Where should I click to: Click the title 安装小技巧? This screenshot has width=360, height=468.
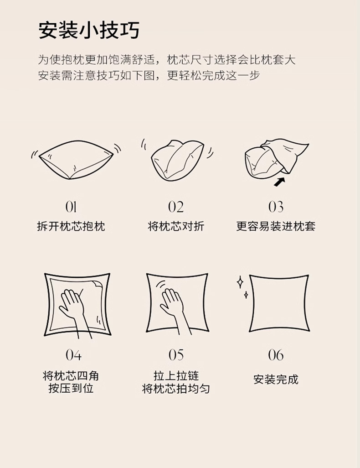point(89,31)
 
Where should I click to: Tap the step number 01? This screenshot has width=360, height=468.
point(71,207)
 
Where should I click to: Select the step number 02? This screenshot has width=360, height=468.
point(176,207)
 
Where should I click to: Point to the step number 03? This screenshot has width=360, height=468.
point(276,207)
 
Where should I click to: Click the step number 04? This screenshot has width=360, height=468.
point(73,354)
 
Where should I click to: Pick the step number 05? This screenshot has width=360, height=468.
point(176,354)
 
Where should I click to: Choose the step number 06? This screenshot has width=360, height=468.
point(276,354)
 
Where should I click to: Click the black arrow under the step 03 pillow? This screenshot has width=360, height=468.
point(279,182)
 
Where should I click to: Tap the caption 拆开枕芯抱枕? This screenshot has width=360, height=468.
point(71,226)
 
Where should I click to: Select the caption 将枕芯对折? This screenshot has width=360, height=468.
point(176,226)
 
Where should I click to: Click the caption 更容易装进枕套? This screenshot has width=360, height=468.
point(276,226)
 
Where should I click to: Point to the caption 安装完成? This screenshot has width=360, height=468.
point(276,380)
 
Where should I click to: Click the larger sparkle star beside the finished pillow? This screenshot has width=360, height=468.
point(240,282)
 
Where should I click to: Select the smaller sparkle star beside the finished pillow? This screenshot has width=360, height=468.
point(246,295)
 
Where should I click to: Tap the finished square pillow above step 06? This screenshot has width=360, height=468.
point(279,303)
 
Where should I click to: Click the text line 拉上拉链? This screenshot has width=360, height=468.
point(176,375)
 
